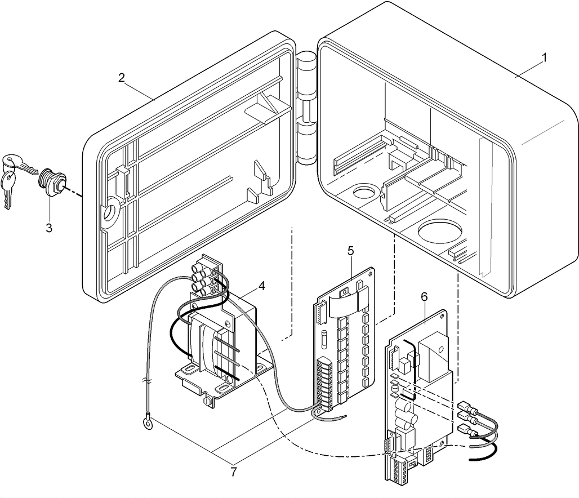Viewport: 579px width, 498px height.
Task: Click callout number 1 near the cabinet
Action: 545,57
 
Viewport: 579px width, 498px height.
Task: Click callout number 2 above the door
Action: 122,78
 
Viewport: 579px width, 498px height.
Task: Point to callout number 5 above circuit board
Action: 350,251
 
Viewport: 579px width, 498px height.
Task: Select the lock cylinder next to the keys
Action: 54,181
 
